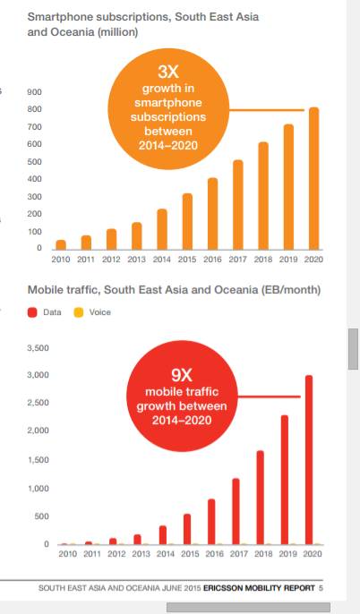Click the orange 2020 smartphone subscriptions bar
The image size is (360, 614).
coord(313,179)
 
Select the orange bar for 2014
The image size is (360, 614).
coord(162,229)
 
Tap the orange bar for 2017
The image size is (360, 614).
coord(238,205)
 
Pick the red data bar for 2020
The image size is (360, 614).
coord(309,460)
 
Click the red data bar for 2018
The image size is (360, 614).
coord(260,498)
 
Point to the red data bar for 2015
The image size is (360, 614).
coord(187,529)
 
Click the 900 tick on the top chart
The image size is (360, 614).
coord(34,92)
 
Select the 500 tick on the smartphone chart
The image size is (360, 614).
coord(34,162)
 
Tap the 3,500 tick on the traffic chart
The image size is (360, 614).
coord(38,348)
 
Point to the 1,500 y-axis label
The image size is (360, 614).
coord(38,460)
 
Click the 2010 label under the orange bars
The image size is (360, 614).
coord(61,260)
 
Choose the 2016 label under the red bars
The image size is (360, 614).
coord(214,554)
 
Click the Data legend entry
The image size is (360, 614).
coord(45,312)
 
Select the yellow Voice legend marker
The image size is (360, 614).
coord(79,312)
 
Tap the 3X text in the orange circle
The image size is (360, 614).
coord(168,72)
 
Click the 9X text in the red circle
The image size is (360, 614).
coord(182,375)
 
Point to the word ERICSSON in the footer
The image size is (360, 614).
coord(222,588)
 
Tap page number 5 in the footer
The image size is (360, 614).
coord(321,588)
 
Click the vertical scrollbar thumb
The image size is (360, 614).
coord(353,349)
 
